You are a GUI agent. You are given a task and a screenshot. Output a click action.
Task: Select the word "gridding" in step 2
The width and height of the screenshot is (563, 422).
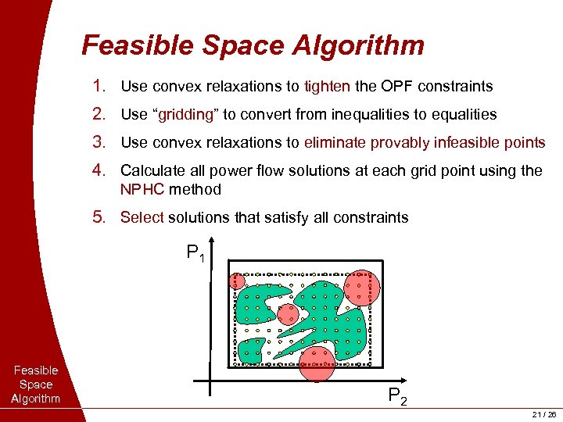coord(188,114)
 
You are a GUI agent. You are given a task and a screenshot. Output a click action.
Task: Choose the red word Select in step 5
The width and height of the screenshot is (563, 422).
coord(142,217)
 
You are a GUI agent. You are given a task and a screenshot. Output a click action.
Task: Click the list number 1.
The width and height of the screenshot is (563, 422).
coord(98,86)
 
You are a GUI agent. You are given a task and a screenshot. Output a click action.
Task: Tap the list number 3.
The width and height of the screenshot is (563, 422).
coord(98,142)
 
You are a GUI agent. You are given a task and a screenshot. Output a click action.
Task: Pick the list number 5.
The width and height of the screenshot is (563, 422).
coord(98,217)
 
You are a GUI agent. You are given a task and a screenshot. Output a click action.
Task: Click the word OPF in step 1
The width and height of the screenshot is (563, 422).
coord(398,86)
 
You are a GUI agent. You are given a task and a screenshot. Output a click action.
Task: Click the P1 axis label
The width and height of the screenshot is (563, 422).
coord(195,253)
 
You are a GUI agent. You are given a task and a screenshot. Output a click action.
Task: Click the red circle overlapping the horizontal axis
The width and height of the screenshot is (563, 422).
coord(317,364)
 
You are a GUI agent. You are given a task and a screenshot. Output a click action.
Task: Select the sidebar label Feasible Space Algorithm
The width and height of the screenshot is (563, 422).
coord(36,384)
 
